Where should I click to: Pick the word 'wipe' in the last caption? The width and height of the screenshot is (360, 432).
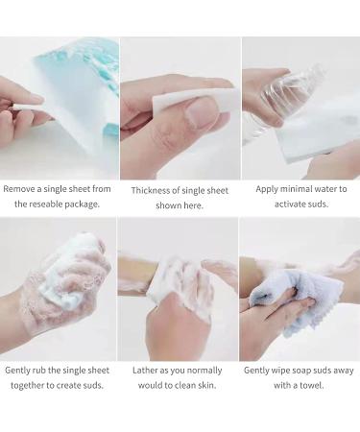click(x=280, y=371)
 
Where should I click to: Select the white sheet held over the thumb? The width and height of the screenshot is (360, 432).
click(x=196, y=100)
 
